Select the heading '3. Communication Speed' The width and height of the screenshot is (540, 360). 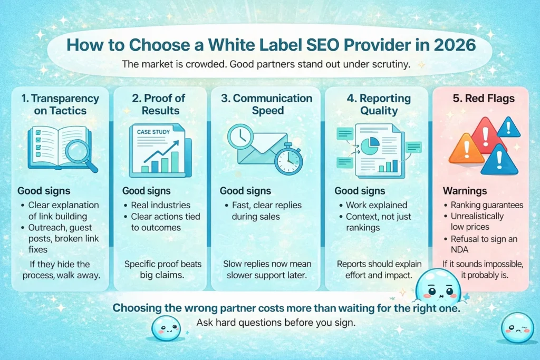(x=265, y=104)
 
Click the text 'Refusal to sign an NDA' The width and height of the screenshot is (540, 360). (x=484, y=245)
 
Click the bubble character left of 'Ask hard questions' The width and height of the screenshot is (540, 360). (x=166, y=328)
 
